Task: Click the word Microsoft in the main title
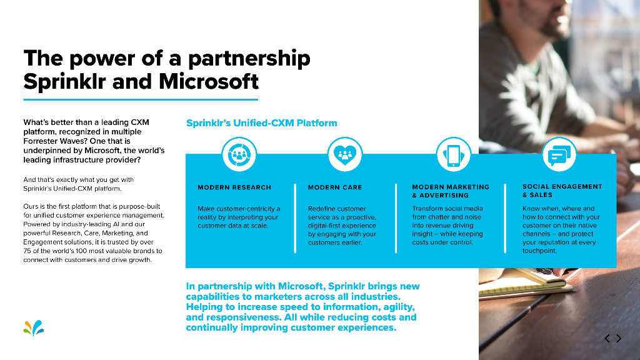tap(209, 81)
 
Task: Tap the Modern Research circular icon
tap(239, 154)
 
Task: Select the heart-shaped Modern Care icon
tap(345, 154)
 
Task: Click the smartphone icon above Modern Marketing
tap(453, 154)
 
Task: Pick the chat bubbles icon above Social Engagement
tap(558, 154)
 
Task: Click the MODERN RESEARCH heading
tap(234, 187)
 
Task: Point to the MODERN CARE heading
tap(335, 187)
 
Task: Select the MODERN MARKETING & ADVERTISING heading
tap(451, 191)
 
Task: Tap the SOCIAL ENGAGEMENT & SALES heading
tap(562, 191)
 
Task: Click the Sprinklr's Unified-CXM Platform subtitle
tap(262, 123)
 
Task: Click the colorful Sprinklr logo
tap(34, 327)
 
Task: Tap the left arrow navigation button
tap(607, 339)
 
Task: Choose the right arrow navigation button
tap(619, 339)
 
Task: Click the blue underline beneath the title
tap(141, 99)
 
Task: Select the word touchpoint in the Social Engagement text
tap(539, 251)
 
